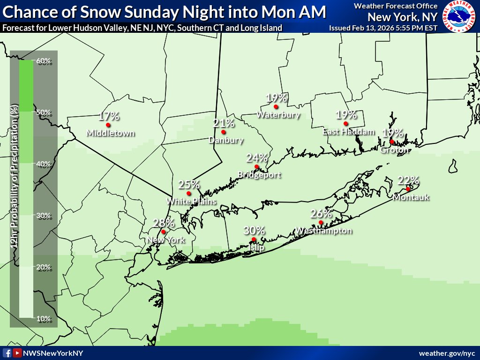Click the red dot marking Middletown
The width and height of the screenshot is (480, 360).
[108, 125]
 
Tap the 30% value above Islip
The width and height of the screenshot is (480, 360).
[255, 231]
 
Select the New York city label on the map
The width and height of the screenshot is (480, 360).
[166, 240]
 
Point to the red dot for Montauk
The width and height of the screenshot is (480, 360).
[408, 189]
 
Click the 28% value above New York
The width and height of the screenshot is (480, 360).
[164, 223]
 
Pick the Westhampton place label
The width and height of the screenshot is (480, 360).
[323, 231]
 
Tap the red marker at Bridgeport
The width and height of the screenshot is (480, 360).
[256, 167]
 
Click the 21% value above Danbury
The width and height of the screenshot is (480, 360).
[224, 123]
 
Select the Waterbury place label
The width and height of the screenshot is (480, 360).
[278, 115]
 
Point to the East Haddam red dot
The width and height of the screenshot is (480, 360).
[345, 124]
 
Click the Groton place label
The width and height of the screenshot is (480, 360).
[395, 150]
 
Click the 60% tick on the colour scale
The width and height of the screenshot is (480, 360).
[43, 61]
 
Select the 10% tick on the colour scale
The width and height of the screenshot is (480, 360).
[43, 319]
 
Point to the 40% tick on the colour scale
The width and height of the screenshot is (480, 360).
[43, 164]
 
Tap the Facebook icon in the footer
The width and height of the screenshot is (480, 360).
[7, 353]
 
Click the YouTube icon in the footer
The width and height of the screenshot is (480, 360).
[17, 353]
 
